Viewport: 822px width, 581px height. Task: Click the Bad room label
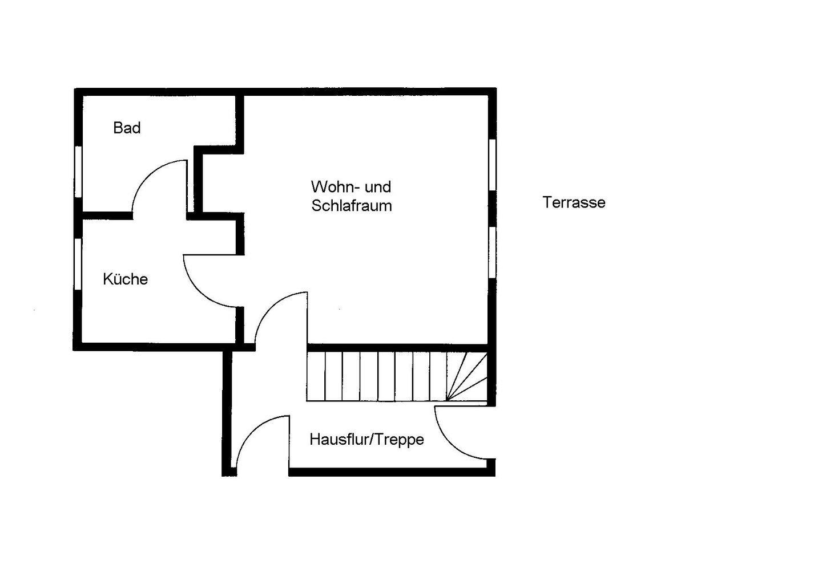pyautogui.click(x=127, y=128)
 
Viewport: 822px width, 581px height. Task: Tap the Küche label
pyautogui.click(x=125, y=279)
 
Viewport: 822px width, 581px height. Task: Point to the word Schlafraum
pyautogui.click(x=352, y=206)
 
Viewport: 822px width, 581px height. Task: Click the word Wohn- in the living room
pyautogui.click(x=336, y=187)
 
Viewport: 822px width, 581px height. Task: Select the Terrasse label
pyautogui.click(x=574, y=202)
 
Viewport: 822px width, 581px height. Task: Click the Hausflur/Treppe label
pyautogui.click(x=366, y=439)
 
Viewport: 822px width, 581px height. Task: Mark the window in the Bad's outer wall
pyautogui.click(x=78, y=172)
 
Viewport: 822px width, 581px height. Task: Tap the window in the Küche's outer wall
pyautogui.click(x=78, y=264)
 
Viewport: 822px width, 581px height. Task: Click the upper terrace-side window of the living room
pyautogui.click(x=493, y=165)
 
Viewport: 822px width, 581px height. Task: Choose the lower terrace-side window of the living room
pyautogui.click(x=492, y=253)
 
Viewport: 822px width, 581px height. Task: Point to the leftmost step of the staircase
pyautogui.click(x=316, y=376)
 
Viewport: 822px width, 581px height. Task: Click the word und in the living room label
pyautogui.click(x=378, y=187)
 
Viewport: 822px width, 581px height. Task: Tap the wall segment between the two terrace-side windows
pyautogui.click(x=493, y=209)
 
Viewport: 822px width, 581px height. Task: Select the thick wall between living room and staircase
pyautogui.click(x=398, y=348)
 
